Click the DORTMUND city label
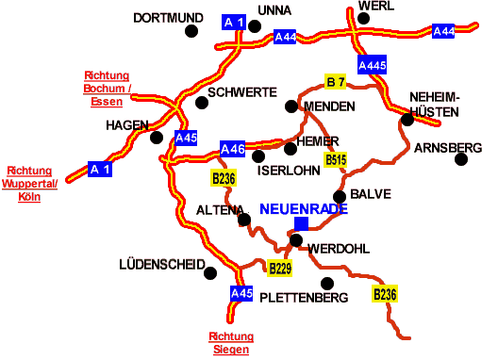click(x=169, y=17)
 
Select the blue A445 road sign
click(x=373, y=66)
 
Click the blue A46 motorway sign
click(x=233, y=148)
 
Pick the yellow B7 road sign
click(x=336, y=81)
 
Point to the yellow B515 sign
click(x=336, y=160)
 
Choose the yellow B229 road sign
click(x=280, y=269)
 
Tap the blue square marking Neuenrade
click(x=301, y=223)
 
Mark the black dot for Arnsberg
click(x=461, y=158)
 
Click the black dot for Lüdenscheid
click(x=211, y=273)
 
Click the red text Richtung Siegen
click(x=231, y=343)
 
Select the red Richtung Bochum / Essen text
click(x=107, y=89)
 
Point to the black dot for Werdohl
click(x=295, y=240)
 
